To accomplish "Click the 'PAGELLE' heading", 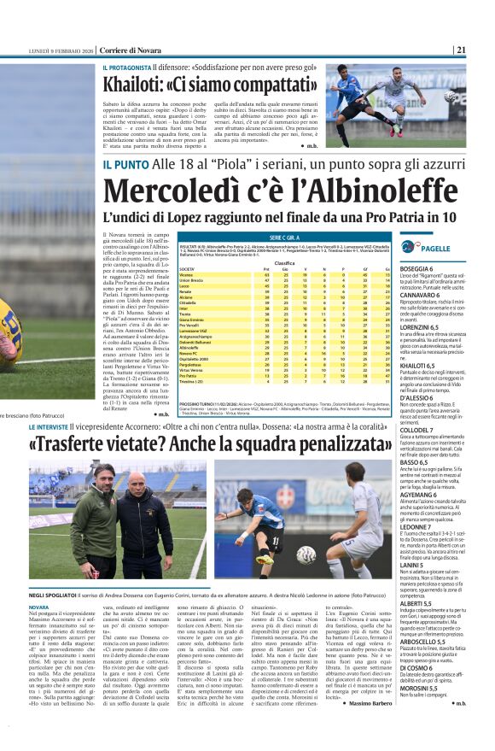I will point(435,248).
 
